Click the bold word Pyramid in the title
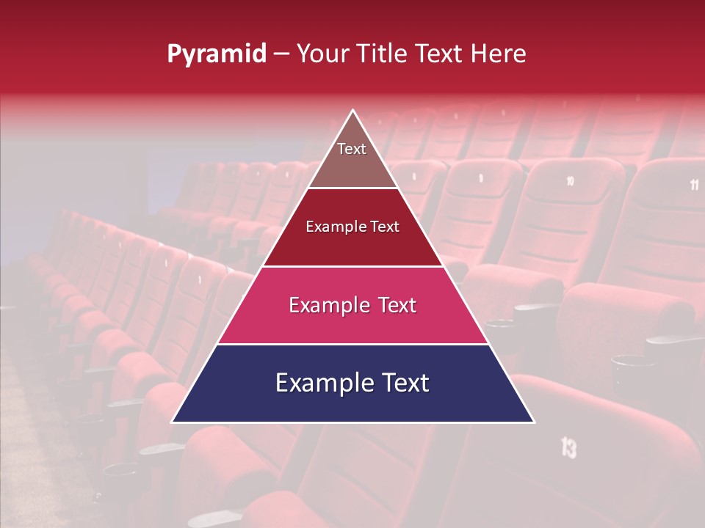[217, 54]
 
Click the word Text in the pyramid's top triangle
[352, 149]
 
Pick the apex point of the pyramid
[353, 110]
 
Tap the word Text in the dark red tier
[386, 227]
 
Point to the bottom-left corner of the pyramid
[172, 422]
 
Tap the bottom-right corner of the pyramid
[534, 422]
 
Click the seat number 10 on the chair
[571, 180]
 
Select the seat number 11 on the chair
[694, 185]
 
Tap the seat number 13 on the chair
[568, 447]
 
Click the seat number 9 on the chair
[481, 177]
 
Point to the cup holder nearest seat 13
[629, 363]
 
